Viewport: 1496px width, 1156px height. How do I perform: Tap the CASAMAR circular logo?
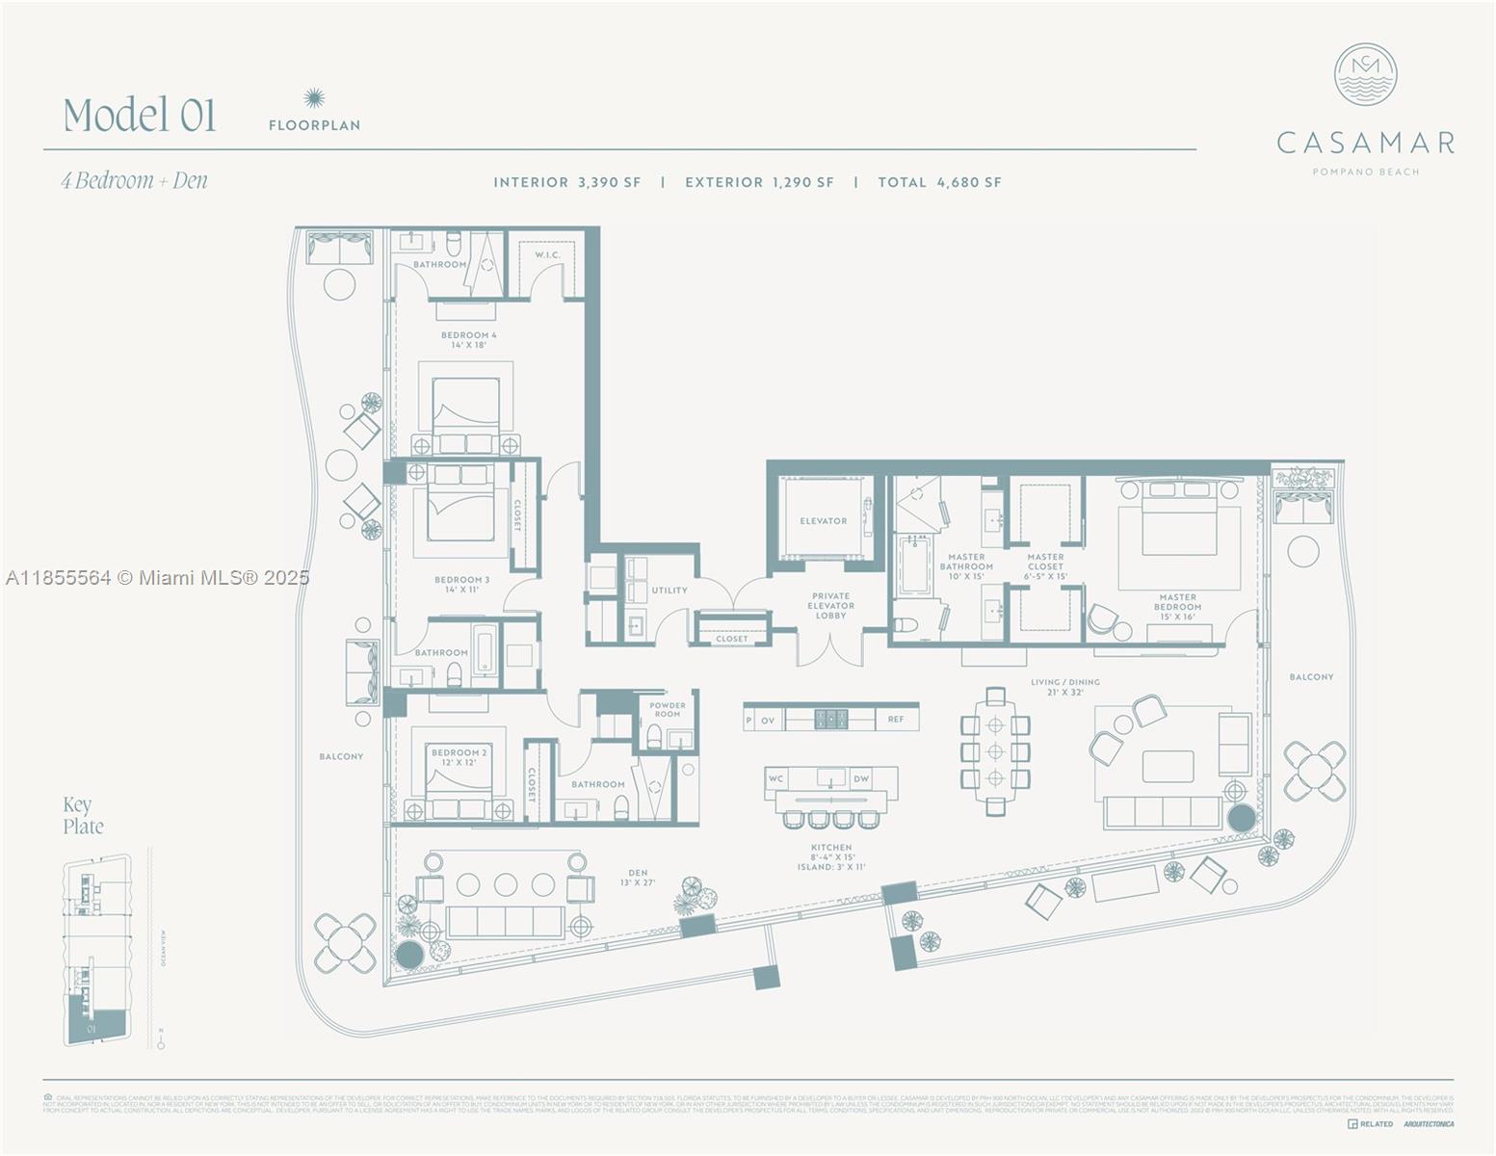tap(1365, 75)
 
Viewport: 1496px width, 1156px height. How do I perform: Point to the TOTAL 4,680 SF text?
tap(939, 182)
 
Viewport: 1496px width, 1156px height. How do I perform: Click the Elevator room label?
tap(823, 521)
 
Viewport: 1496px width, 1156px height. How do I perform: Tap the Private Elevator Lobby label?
tap(830, 606)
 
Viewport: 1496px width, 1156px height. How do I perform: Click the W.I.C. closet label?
tap(547, 255)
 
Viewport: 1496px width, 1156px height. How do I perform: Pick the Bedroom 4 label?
tap(468, 339)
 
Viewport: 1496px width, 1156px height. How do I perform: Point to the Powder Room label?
tap(667, 709)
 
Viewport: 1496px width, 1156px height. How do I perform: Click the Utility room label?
tap(669, 591)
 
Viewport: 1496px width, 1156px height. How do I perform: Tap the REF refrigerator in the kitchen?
tap(896, 719)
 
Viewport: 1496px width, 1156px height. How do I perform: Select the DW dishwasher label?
tap(861, 778)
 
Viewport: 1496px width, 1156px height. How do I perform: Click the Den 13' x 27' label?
tap(637, 878)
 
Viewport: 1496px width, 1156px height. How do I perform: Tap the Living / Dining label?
tap(1064, 687)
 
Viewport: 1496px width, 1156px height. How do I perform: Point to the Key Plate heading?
tap(83, 815)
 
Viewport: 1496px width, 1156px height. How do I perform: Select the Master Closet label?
tap(1045, 566)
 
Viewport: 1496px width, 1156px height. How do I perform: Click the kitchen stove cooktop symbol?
tap(831, 719)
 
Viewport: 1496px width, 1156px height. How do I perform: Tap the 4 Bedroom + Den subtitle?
tap(135, 181)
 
